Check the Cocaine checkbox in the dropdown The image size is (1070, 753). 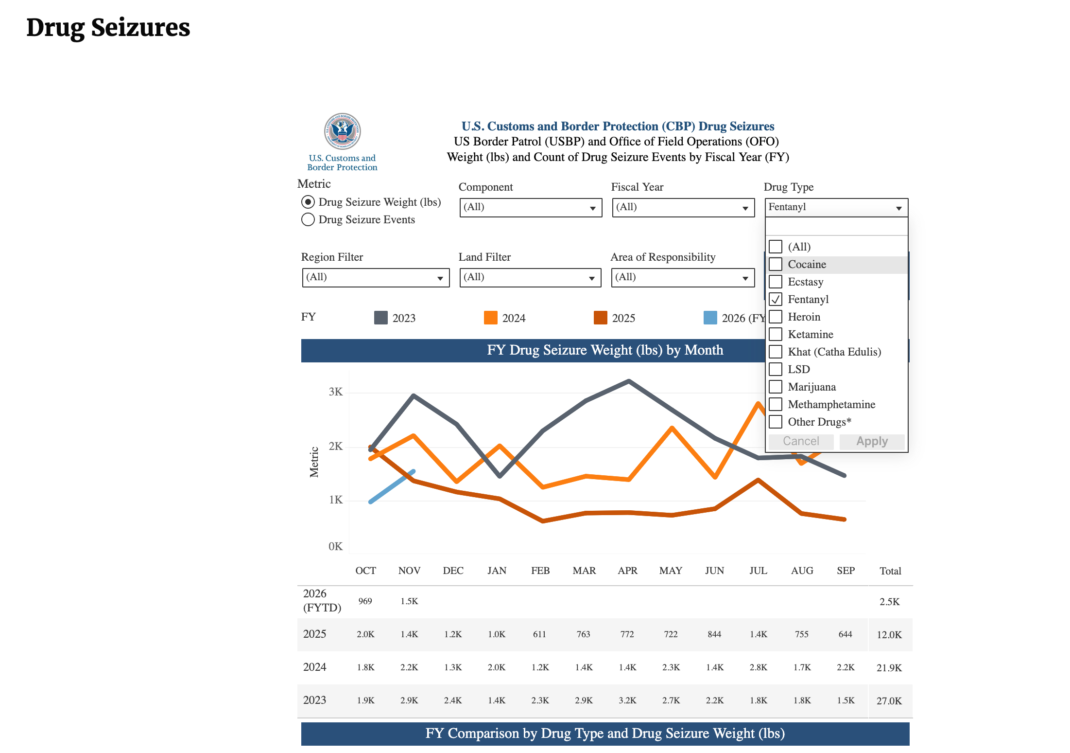[776, 264]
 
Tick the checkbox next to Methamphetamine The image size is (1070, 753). [776, 404]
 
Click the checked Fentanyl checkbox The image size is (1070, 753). [776, 299]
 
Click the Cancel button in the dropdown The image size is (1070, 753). [800, 441]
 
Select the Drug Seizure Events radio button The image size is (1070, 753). [308, 219]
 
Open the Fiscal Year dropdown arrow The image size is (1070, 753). [745, 208]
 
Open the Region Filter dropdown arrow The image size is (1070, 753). [440, 278]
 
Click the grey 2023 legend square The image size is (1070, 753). [381, 318]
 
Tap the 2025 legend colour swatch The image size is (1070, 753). [601, 318]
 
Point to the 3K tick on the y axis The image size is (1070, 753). [336, 392]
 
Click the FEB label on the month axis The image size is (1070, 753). [540, 571]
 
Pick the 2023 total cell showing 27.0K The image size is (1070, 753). [889, 700]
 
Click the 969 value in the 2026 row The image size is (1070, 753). [365, 601]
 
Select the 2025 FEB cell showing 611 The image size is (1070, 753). [539, 634]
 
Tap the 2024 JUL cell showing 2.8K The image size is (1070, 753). [758, 667]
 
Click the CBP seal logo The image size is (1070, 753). [343, 131]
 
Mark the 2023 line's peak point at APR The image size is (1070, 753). [629, 381]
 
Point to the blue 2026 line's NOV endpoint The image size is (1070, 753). [414, 471]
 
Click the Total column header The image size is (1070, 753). [890, 571]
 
